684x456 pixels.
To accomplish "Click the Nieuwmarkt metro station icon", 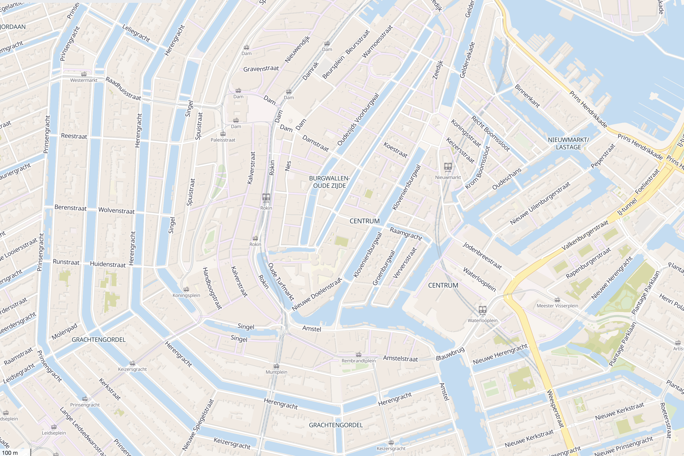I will click(x=448, y=167).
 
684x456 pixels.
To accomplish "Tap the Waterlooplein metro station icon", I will click(x=482, y=310).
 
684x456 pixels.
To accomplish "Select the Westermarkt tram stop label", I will click(x=84, y=80).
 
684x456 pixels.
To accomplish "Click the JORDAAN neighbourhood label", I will click(x=13, y=27).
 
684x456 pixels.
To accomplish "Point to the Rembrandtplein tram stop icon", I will click(x=359, y=355).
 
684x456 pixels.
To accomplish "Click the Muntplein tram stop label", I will click(x=276, y=372).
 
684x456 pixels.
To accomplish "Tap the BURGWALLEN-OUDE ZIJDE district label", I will click(x=329, y=182).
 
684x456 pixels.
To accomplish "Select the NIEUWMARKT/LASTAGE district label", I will click(x=568, y=143).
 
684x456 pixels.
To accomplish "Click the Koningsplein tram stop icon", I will click(x=186, y=289).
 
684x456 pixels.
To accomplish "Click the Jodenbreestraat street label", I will click(x=482, y=256).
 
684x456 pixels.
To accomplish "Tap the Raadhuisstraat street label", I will click(x=123, y=89).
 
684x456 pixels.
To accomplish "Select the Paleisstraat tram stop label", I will click(x=223, y=140).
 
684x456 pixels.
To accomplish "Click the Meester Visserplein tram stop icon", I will click(x=557, y=300).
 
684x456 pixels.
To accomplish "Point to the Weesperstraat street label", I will click(x=556, y=408).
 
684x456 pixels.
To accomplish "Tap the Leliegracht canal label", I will click(x=136, y=33).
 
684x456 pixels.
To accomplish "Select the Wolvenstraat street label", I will click(x=116, y=210).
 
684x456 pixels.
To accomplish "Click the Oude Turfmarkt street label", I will click(x=281, y=282).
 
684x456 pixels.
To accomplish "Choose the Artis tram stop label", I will click(x=677, y=348).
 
